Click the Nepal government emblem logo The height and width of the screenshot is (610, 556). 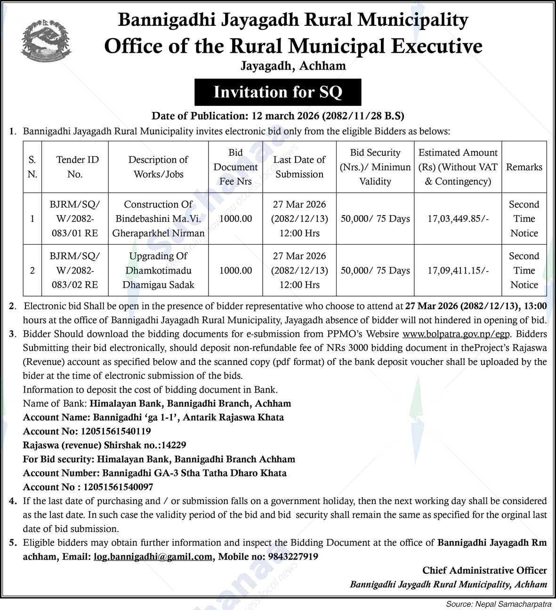(x=46, y=42)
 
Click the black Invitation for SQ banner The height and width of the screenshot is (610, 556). (x=278, y=92)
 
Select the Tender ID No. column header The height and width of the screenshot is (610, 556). (x=75, y=167)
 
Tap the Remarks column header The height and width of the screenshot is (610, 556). (x=524, y=167)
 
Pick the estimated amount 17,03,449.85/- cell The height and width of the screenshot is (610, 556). (x=458, y=219)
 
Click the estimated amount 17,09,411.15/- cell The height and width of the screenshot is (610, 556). (x=458, y=271)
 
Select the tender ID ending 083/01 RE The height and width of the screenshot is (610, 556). (x=75, y=219)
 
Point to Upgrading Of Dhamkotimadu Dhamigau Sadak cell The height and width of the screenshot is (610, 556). (x=158, y=271)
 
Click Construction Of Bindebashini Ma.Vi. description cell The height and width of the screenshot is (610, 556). (x=158, y=219)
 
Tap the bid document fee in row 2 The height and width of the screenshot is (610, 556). (x=235, y=271)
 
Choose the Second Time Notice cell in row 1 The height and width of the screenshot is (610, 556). (x=524, y=219)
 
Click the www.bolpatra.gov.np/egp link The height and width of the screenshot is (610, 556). (x=456, y=334)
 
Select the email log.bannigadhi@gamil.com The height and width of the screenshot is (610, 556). (x=153, y=557)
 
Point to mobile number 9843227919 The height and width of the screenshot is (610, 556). (x=293, y=557)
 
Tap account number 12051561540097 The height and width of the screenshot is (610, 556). (x=118, y=487)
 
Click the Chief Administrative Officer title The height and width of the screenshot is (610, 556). (x=484, y=571)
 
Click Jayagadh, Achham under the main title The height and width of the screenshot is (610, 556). (x=293, y=66)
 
